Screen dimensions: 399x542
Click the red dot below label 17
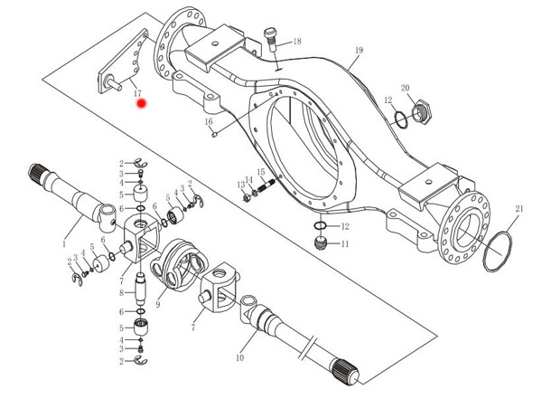click(141, 105)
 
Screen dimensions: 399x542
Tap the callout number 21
click(519, 209)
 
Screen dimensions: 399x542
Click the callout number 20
click(406, 88)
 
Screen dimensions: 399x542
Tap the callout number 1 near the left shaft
click(64, 243)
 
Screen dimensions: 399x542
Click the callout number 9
click(158, 305)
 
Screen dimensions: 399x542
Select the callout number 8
click(120, 292)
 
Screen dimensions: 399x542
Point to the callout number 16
click(207, 121)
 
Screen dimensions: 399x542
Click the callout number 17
click(136, 93)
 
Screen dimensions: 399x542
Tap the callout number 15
click(260, 172)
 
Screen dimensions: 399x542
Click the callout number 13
click(241, 185)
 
